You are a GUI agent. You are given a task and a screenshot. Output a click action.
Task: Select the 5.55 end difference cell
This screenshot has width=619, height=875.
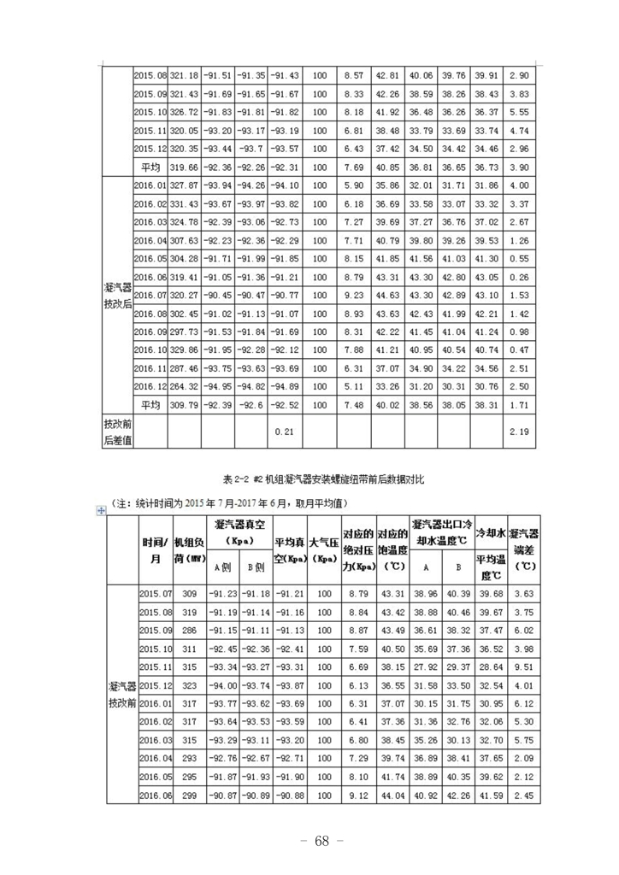click(x=518, y=112)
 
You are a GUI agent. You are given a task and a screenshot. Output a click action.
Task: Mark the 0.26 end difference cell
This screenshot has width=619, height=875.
click(x=518, y=276)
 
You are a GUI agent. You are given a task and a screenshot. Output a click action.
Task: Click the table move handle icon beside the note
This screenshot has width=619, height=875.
click(x=103, y=510)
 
